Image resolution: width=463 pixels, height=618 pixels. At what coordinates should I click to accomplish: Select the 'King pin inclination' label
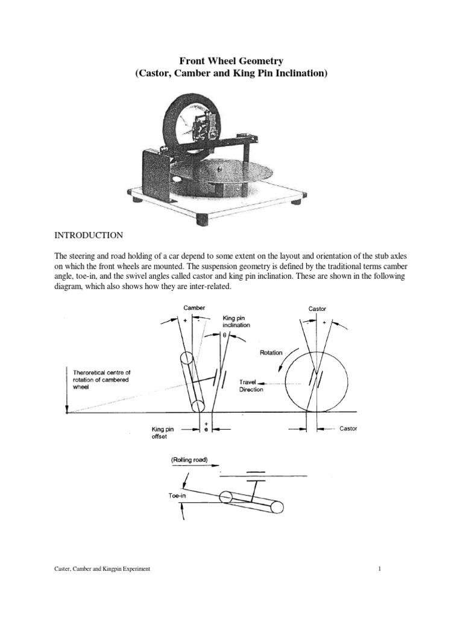coord(236,320)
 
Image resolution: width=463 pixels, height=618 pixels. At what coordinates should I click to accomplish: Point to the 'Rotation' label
coord(270,352)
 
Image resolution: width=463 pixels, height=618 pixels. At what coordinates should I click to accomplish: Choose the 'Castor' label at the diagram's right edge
coord(348,428)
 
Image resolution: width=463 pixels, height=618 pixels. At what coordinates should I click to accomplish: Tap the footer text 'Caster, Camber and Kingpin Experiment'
coord(102,569)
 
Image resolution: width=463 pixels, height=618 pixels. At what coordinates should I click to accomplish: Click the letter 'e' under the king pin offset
coord(206,428)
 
